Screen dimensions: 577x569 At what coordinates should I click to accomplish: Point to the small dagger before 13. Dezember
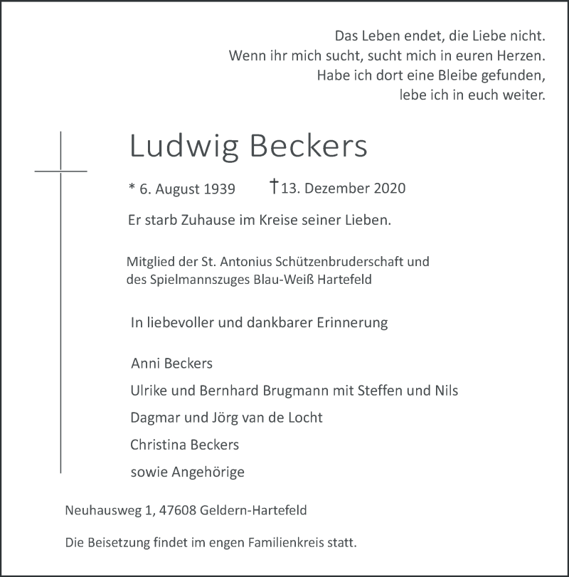click(274, 187)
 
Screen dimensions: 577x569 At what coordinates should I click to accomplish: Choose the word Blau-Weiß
click(285, 280)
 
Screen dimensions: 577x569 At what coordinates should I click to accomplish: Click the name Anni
click(147, 364)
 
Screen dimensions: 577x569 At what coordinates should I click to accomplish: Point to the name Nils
click(445, 391)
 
